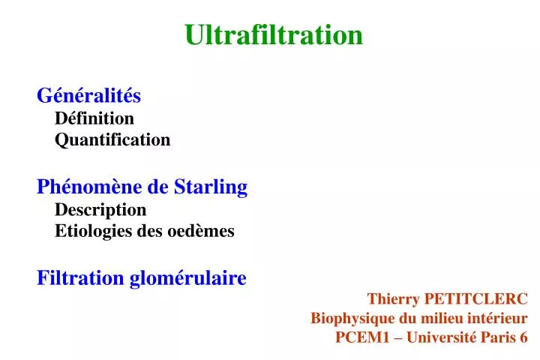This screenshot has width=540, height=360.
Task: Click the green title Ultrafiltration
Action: tap(274, 34)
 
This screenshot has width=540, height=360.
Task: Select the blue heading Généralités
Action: tap(89, 95)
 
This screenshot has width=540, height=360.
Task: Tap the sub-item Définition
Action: tap(94, 118)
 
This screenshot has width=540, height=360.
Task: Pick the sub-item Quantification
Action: tap(112, 140)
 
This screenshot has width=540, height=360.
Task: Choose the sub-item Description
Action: tap(100, 209)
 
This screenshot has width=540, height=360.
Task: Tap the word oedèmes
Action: tap(205, 231)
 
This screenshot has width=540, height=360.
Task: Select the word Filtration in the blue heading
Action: tap(80, 278)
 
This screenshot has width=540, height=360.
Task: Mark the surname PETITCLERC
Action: tap(475, 298)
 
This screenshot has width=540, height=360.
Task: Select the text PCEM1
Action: tap(359, 337)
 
